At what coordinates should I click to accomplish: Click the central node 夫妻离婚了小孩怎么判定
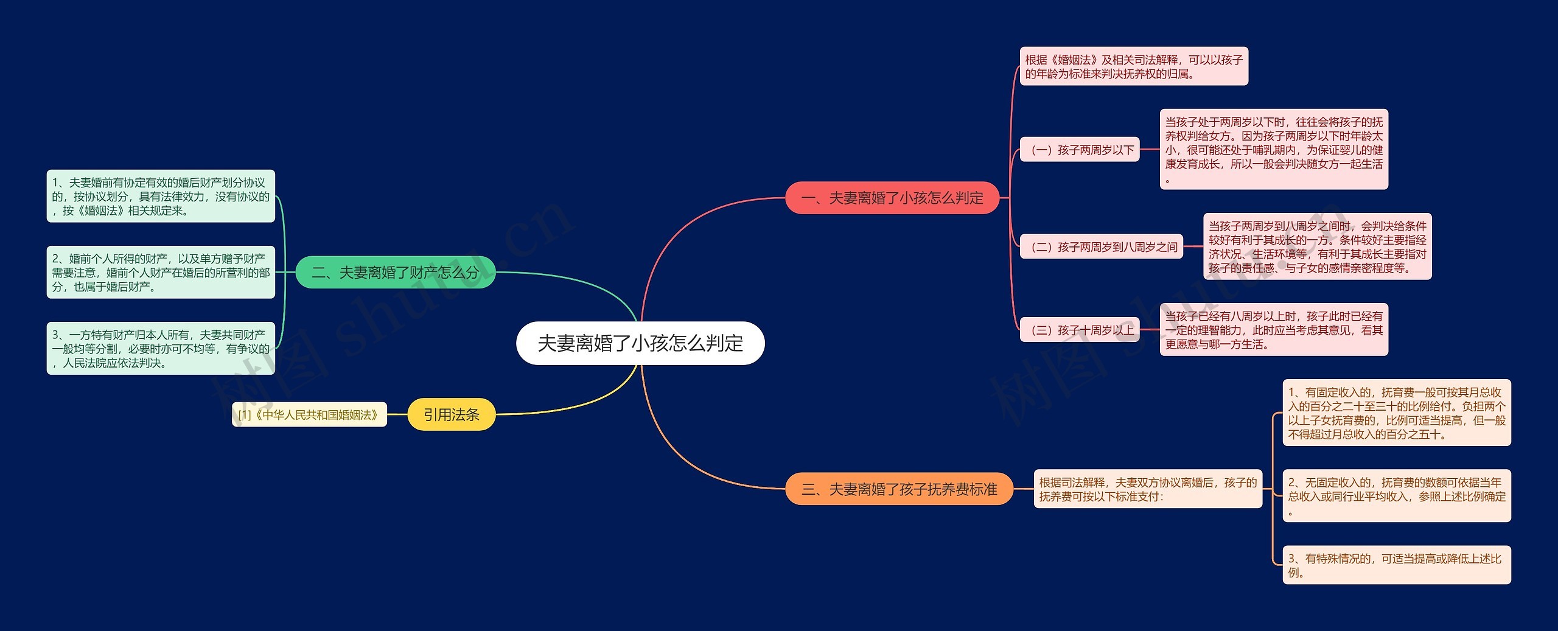pos(640,343)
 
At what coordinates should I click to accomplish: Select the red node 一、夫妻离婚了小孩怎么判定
pos(892,198)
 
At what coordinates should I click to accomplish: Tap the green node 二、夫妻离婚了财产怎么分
pos(396,272)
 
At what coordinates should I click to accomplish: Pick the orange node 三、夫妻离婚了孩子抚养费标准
pos(899,489)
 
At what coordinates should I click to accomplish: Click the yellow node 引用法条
pos(451,414)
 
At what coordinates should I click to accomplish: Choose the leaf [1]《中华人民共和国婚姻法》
pos(309,414)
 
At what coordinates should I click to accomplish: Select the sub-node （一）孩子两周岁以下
pos(1080,150)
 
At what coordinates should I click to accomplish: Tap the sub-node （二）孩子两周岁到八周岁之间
pos(1102,246)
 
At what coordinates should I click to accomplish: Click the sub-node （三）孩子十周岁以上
pos(1080,330)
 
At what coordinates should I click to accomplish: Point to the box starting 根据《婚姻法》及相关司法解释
pos(1134,66)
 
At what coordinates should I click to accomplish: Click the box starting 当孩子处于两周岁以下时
pos(1274,150)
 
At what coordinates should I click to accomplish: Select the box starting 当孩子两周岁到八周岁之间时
pos(1317,246)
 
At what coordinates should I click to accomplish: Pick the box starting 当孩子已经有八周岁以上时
pos(1274,330)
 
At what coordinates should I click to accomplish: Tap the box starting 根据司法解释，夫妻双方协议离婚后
pos(1148,489)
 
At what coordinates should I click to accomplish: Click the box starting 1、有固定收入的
pos(1397,413)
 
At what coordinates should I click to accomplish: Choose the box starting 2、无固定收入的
pos(1397,496)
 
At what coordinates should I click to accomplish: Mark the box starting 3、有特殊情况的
pos(1397,565)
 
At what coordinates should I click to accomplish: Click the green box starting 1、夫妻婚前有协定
pos(161,196)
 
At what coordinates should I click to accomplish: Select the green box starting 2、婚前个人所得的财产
pos(161,272)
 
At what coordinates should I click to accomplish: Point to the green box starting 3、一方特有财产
pos(161,348)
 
